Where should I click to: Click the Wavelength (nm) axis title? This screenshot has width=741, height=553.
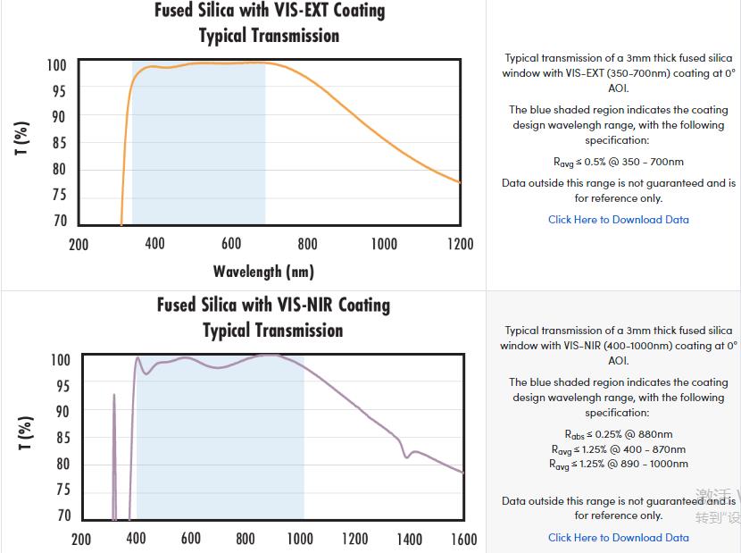click(x=263, y=271)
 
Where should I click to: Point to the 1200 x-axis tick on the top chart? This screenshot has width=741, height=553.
click(x=460, y=244)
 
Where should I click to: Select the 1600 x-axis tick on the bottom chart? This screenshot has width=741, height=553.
click(x=463, y=539)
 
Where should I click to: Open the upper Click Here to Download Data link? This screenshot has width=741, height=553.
click(x=618, y=220)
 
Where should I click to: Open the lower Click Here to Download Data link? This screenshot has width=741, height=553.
click(x=618, y=538)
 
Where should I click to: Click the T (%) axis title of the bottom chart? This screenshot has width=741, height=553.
click(x=26, y=433)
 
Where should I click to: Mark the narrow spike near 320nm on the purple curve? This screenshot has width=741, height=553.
click(x=114, y=396)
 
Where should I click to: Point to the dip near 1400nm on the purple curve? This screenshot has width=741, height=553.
click(x=407, y=456)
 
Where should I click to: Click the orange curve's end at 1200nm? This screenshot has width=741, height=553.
click(x=460, y=182)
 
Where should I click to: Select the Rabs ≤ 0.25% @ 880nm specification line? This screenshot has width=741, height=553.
click(x=618, y=434)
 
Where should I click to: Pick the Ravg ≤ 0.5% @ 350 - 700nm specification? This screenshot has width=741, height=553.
click(x=618, y=162)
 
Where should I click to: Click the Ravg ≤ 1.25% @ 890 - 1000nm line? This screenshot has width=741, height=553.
click(x=618, y=465)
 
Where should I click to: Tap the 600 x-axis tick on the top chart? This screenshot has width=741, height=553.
click(x=231, y=244)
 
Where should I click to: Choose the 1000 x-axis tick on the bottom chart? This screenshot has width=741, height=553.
click(x=300, y=539)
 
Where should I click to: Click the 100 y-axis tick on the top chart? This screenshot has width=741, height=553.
click(x=57, y=65)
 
